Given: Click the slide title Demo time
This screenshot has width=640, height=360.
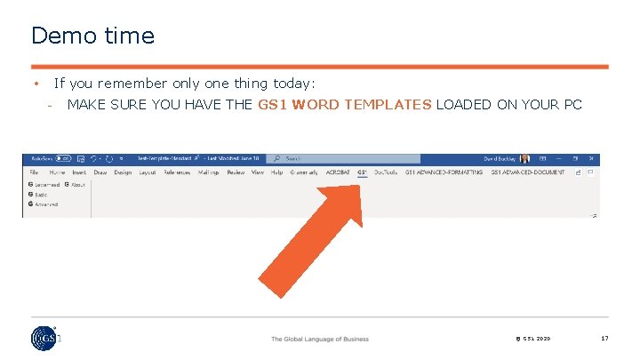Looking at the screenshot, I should coord(92,36).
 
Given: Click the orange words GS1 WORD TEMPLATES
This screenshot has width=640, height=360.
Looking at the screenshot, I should coord(345,105).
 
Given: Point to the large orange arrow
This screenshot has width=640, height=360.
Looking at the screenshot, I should coord(310,240).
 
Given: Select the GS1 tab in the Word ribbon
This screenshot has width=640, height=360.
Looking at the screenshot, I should coord(362,172).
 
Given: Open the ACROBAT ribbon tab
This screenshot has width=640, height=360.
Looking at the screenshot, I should coord(338,172).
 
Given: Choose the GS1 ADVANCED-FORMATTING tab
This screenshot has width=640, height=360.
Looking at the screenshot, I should coord(444,172).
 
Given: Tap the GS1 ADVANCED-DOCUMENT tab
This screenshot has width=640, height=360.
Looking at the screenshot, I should coord(527,172).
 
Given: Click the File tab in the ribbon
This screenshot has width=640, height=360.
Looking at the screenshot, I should coord(34,172).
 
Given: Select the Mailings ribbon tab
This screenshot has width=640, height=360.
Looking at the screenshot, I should coord(208,172).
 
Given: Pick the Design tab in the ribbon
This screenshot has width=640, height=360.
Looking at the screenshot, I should coord(123,172).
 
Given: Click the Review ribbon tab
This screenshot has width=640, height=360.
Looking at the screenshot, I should coord(236,172).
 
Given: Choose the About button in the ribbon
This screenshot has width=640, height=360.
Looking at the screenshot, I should coord(75,184).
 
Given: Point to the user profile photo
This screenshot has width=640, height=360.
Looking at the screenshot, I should coord(524,159).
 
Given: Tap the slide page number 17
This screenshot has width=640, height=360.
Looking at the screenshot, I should coord(604,339).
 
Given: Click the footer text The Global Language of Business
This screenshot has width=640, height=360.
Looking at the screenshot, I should coord(320,339).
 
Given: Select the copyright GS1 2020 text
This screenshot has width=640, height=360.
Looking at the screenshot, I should coord(532,339).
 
